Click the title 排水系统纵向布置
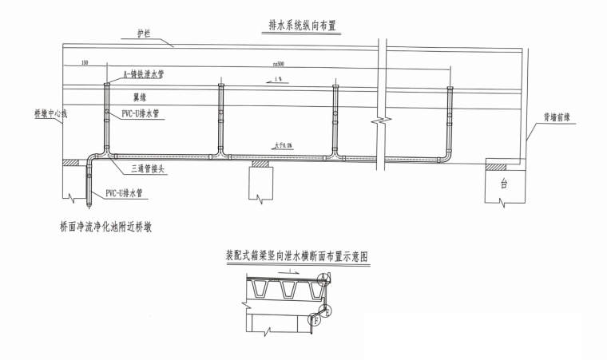pyautogui.click(x=298, y=26)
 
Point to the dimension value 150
pyautogui.click(x=85, y=63)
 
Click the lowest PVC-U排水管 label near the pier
pyautogui.click(x=126, y=193)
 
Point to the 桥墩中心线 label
pyautogui.click(x=50, y=113)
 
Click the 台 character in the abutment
pyautogui.click(x=504, y=183)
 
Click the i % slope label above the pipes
pyautogui.click(x=277, y=81)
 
